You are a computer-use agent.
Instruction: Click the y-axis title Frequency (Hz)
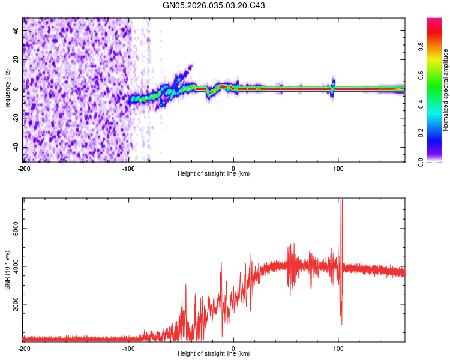tap(7, 89)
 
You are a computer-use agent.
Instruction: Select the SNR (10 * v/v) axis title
tap(7, 270)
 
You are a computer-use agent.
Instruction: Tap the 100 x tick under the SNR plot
tap(338, 348)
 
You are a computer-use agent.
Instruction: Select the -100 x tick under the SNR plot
tap(128, 348)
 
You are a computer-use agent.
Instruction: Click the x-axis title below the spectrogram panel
tap(214, 174)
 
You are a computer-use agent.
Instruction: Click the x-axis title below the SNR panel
tap(214, 354)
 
